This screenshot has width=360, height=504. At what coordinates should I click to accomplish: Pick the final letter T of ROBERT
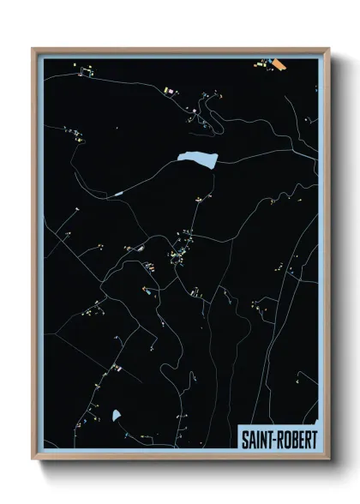click(313, 437)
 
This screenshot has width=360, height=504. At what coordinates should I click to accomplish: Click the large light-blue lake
click(196, 158)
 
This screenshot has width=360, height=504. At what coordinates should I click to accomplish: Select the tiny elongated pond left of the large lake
click(119, 195)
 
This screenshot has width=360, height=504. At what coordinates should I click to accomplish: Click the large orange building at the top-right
click(279, 63)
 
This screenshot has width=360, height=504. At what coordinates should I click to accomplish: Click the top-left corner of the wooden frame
click(33, 48)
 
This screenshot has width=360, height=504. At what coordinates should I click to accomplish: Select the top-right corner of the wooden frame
click(327, 48)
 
